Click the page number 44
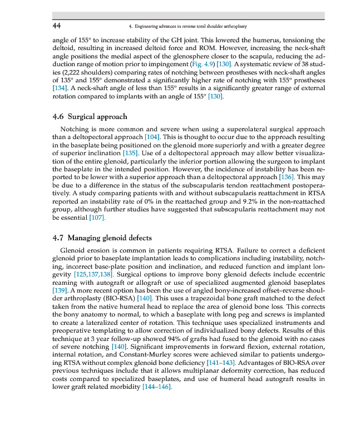point(56,26)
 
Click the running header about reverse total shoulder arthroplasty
point(187,27)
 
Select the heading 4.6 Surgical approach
point(89,117)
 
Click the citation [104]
point(154,137)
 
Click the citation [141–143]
point(223,363)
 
